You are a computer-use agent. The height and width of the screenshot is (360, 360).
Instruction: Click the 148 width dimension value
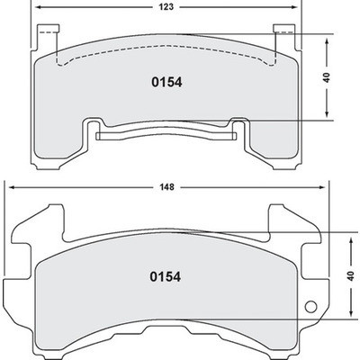coord(167,187)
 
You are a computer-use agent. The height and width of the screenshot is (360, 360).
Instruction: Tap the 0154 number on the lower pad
coord(166,277)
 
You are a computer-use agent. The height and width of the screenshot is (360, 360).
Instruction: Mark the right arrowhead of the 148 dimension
coord(326,187)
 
